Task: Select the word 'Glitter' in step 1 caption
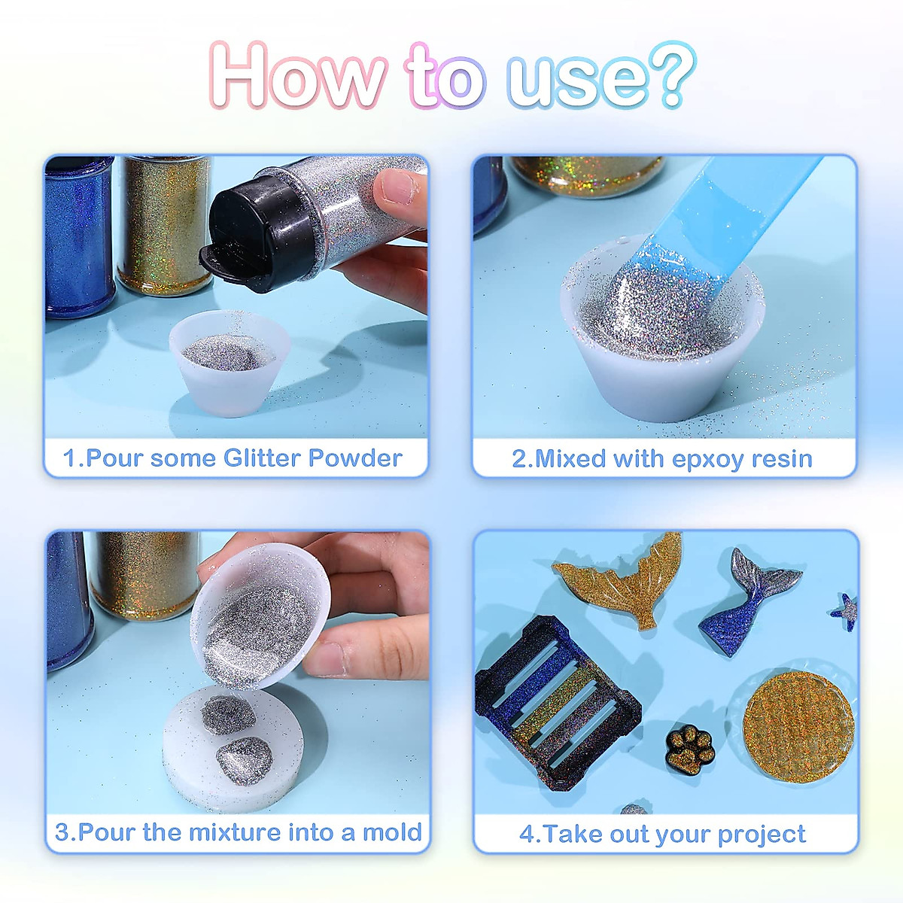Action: coord(261,458)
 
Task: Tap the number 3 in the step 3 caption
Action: coord(62,833)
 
